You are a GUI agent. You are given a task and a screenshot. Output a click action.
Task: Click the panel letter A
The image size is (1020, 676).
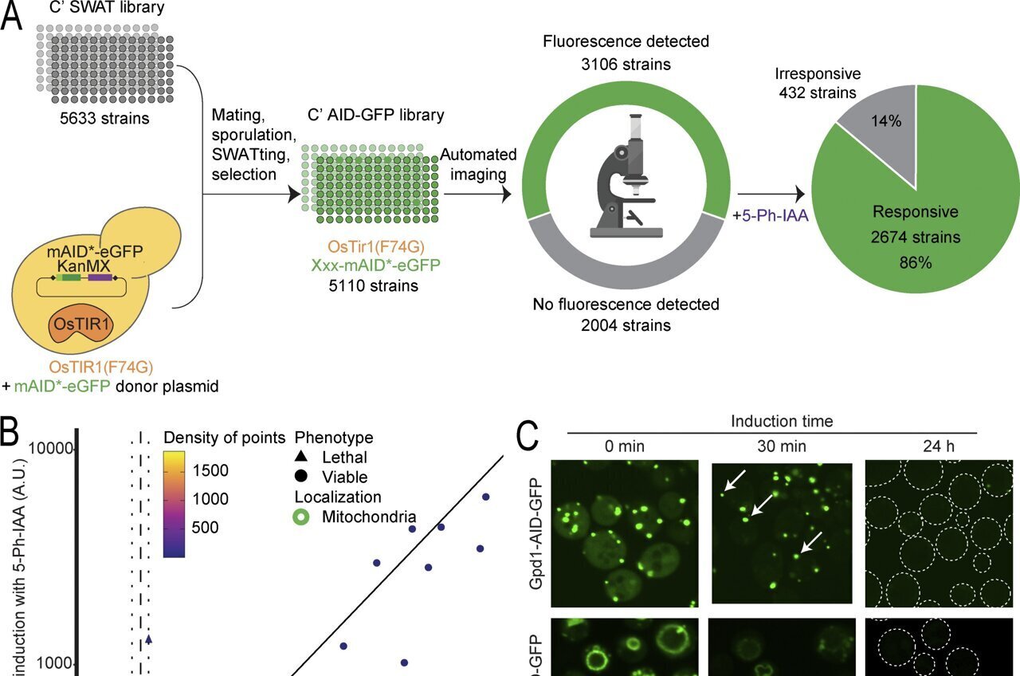(10, 18)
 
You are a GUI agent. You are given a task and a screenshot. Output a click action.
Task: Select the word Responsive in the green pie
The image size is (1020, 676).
(916, 212)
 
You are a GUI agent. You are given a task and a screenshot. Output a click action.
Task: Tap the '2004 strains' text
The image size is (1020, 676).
(626, 324)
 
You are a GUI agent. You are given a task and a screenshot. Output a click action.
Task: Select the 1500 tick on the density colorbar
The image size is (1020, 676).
(214, 470)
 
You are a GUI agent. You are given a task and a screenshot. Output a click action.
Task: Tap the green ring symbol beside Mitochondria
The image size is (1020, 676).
(302, 517)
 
